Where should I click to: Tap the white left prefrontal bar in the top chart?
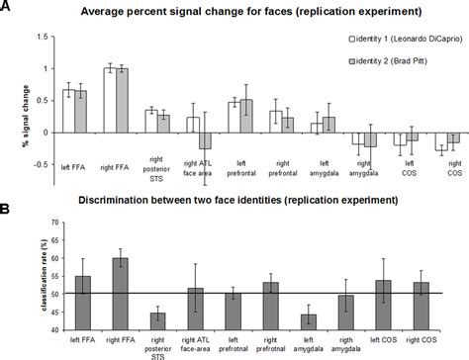pyautogui.click(x=233, y=117)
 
